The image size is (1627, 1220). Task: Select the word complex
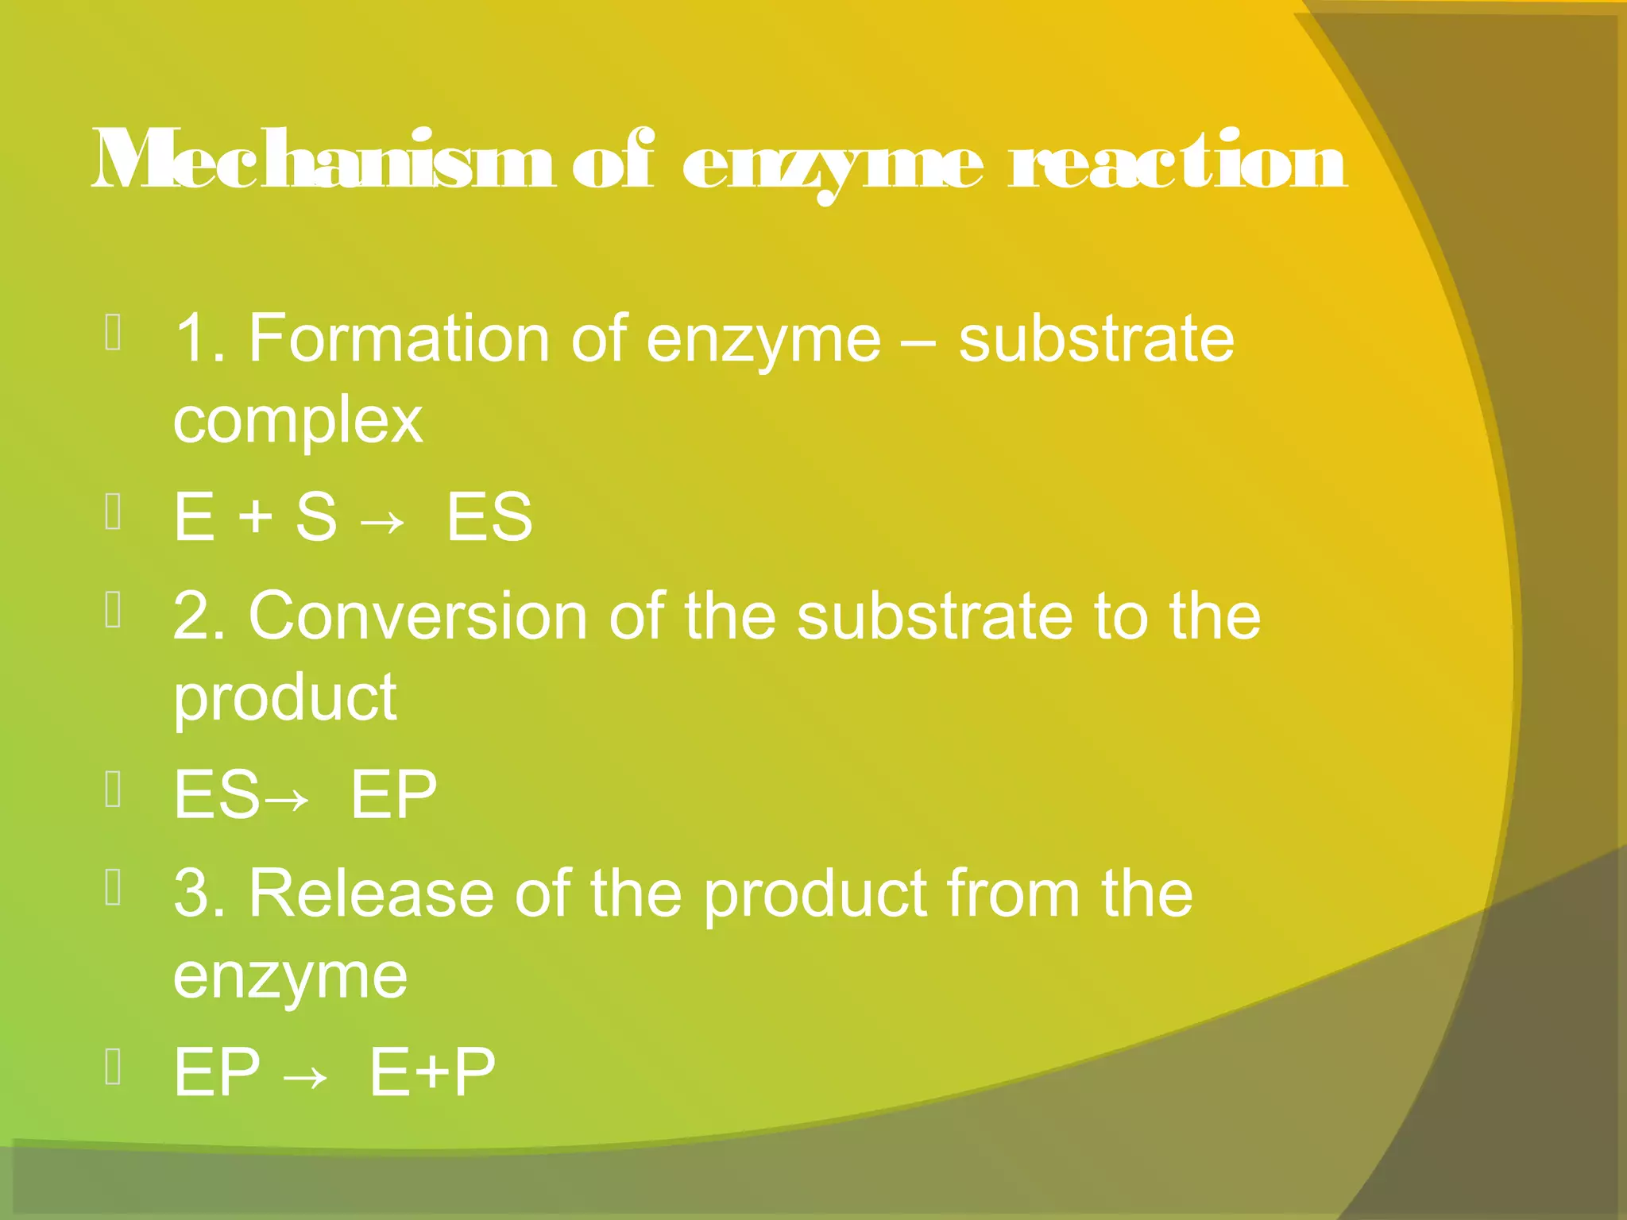tap(298, 421)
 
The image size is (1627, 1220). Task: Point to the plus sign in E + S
tap(255, 516)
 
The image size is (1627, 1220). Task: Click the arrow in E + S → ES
tap(382, 521)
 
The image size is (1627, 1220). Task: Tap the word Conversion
tap(418, 617)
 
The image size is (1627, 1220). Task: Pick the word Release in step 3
tap(371, 894)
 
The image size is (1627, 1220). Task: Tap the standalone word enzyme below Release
tap(290, 977)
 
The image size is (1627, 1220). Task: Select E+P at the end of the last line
tap(432, 1072)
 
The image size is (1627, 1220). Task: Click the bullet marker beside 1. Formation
tap(114, 333)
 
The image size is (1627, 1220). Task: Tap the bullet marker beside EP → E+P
tap(114, 1067)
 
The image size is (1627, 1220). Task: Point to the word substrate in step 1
tap(1096, 339)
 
